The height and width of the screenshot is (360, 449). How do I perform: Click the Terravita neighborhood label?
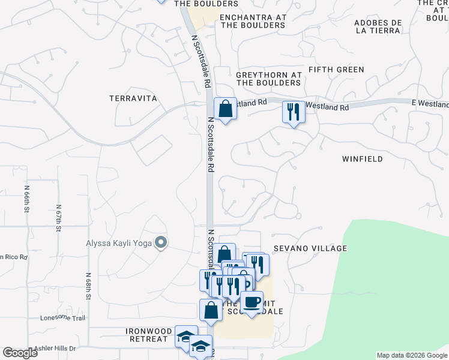tap(133, 98)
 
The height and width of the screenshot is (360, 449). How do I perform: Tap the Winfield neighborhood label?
tap(362, 159)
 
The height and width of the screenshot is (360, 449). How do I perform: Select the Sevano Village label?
tap(310, 248)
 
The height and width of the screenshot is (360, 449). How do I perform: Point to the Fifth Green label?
tap(336, 70)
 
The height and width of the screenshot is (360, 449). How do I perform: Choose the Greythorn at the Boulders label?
tap(268, 79)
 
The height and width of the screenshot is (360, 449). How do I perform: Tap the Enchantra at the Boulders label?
tap(252, 22)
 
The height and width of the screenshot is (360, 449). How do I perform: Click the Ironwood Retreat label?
tap(147, 335)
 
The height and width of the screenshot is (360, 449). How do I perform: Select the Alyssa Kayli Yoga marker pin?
tap(160, 242)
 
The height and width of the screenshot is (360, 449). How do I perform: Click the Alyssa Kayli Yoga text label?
tap(118, 243)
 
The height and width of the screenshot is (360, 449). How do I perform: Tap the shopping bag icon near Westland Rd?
tap(225, 109)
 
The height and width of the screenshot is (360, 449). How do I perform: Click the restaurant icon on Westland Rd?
tap(293, 112)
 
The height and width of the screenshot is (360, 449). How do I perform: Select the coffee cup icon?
tap(252, 302)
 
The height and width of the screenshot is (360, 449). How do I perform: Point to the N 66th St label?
tap(27, 200)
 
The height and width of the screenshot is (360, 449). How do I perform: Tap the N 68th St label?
tap(88, 286)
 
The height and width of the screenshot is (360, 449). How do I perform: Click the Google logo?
tap(20, 353)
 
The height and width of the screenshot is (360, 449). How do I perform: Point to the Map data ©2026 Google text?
tap(412, 355)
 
